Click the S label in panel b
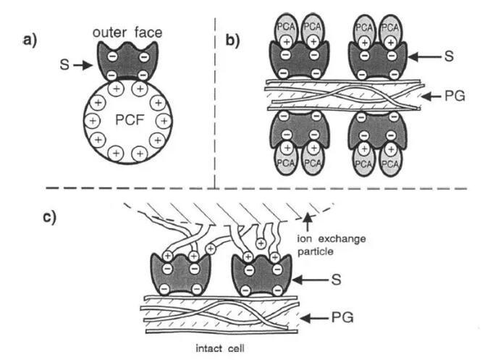point(448,55)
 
